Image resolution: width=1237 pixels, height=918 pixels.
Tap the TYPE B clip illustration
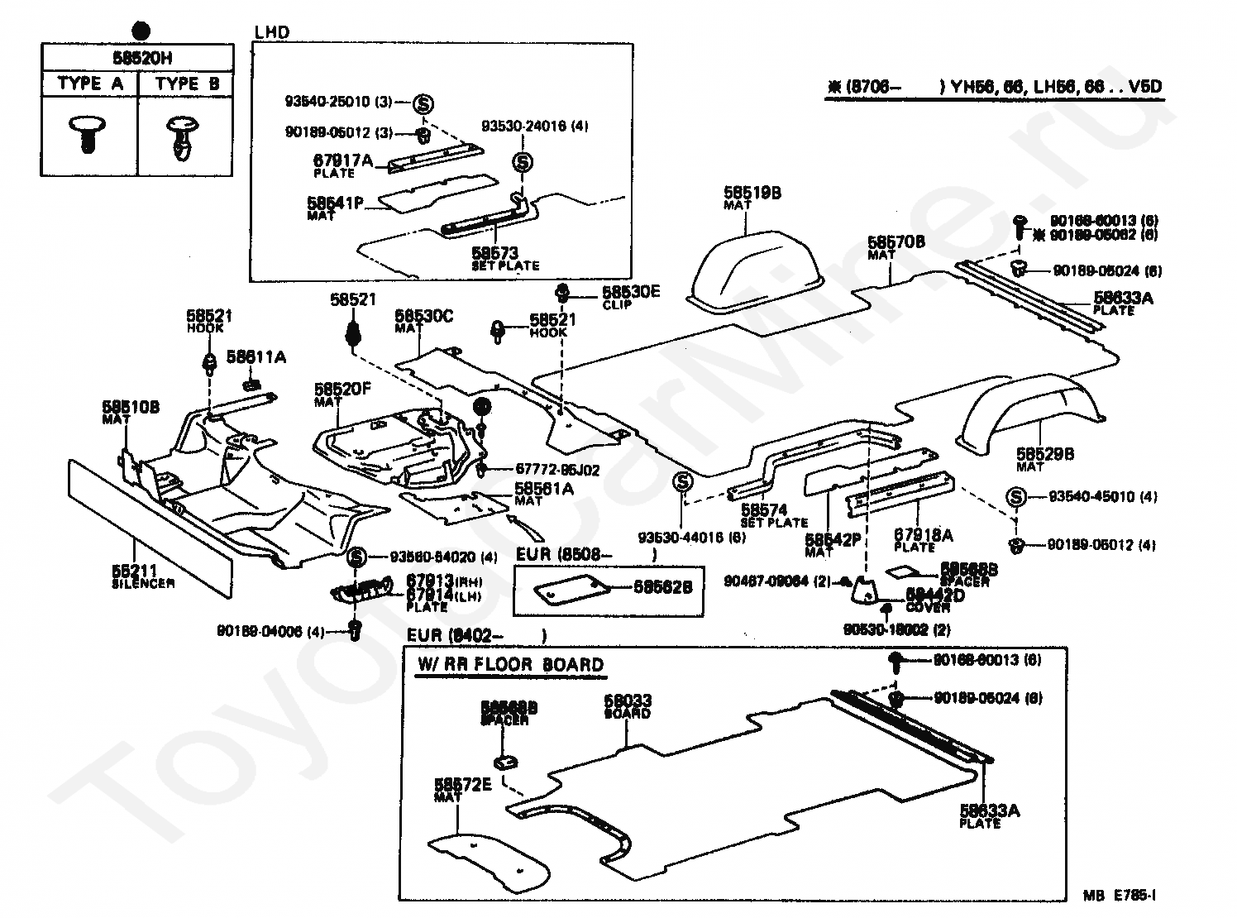tap(184, 136)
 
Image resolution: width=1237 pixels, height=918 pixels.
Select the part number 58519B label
tap(752, 193)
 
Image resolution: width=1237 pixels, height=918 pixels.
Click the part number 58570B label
tap(896, 242)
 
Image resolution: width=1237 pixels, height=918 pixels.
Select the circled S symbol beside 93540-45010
tap(1016, 497)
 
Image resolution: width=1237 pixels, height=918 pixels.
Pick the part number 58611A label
tap(256, 357)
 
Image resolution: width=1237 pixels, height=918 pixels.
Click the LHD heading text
tap(272, 33)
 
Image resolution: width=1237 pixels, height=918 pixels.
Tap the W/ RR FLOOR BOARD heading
tap(510, 665)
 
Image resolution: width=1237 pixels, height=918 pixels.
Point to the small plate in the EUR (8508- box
tap(571, 590)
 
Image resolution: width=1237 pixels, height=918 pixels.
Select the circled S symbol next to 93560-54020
tap(356, 557)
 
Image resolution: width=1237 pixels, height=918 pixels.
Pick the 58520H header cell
tap(137, 59)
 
